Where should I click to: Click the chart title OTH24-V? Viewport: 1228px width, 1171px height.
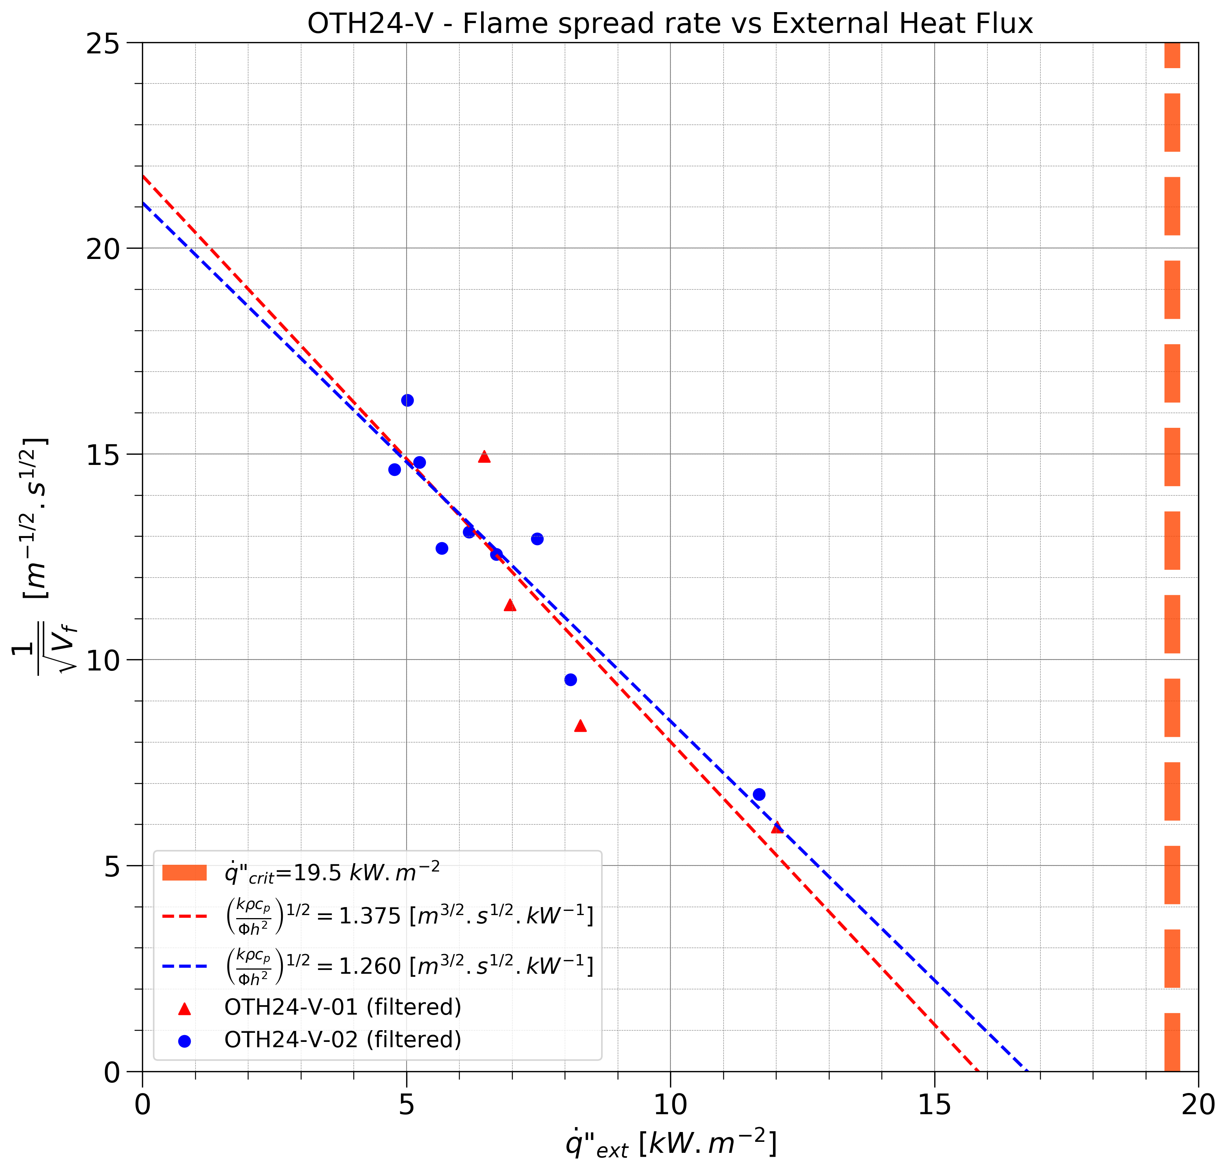[x=670, y=24]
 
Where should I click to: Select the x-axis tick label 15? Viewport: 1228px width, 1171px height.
[x=934, y=1105]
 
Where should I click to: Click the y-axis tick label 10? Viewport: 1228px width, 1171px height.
[x=102, y=660]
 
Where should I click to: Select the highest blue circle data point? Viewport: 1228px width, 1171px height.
[x=407, y=400]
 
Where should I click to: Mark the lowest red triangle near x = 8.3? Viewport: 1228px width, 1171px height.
[x=580, y=726]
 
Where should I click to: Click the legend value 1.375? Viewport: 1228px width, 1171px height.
[x=369, y=916]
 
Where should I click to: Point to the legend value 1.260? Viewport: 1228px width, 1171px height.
[x=369, y=966]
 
